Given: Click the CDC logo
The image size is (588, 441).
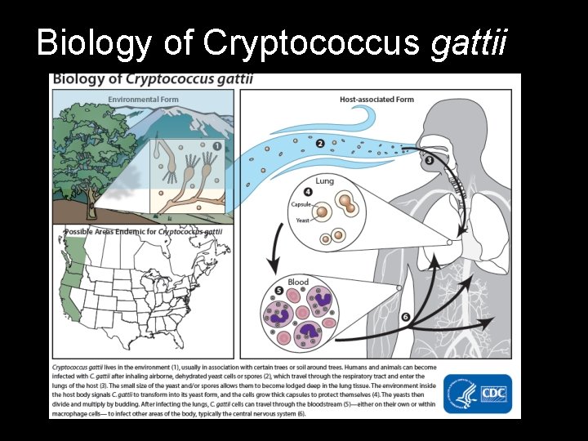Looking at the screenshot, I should (x=492, y=393).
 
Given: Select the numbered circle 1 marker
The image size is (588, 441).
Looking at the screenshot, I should (x=216, y=147).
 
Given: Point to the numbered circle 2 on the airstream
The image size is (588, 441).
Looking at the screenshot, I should (x=320, y=143).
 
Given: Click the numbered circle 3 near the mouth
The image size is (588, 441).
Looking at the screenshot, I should (x=430, y=160).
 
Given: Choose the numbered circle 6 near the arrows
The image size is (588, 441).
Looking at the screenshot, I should (x=406, y=316).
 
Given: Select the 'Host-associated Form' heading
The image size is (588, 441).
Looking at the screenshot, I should (x=376, y=100).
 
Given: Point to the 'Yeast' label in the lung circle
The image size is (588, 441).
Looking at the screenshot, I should (x=303, y=220).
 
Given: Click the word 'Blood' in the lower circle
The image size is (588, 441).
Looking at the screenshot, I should (x=298, y=282).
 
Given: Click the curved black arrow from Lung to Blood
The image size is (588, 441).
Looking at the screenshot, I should (x=275, y=245).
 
